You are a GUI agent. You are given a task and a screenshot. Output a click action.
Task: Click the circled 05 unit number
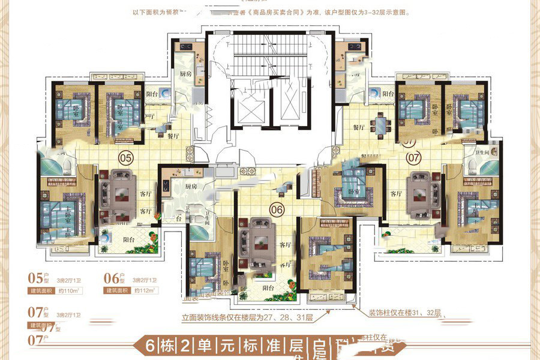[125, 158]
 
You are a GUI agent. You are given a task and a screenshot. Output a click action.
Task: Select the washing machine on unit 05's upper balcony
[164, 94]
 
